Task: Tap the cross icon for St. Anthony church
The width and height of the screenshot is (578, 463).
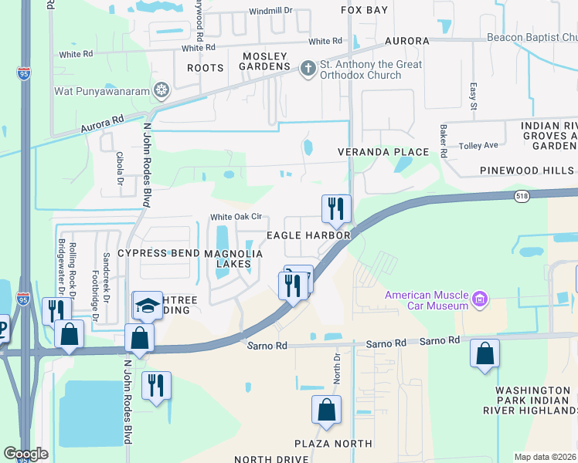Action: pos(307,68)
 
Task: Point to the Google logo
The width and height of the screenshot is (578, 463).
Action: pos(25,454)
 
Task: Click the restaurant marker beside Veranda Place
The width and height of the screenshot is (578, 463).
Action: pos(336,208)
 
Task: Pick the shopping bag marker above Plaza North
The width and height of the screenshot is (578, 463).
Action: pos(326,409)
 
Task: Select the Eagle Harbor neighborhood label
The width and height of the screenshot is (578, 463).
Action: pos(309,235)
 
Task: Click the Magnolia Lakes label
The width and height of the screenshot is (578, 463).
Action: pos(233,259)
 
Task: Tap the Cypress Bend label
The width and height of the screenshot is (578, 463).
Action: pos(158,253)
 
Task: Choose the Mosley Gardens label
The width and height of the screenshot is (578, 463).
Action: pos(265,62)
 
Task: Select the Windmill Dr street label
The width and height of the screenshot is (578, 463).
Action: pos(272,12)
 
